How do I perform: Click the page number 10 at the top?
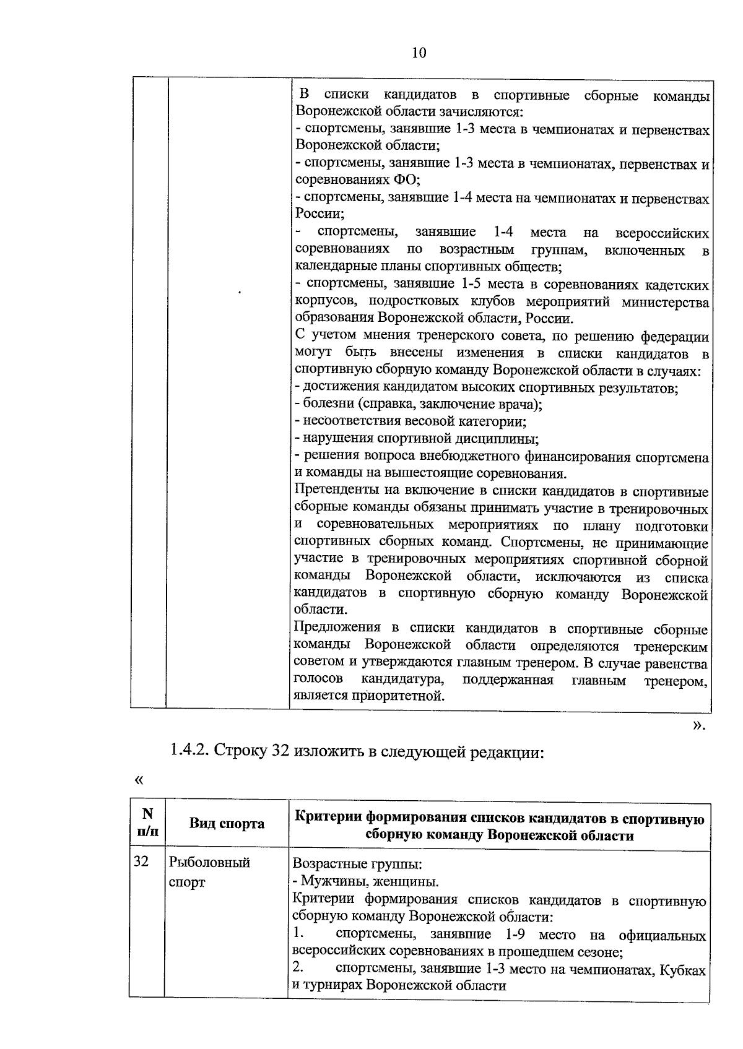[x=419, y=53]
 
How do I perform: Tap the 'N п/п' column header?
[x=147, y=822]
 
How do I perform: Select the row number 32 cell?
[x=141, y=861]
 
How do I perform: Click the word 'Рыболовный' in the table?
[x=209, y=862]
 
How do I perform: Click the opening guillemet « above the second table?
[x=138, y=780]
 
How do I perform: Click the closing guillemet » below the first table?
[x=698, y=725]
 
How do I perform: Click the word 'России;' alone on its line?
[x=319, y=214]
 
